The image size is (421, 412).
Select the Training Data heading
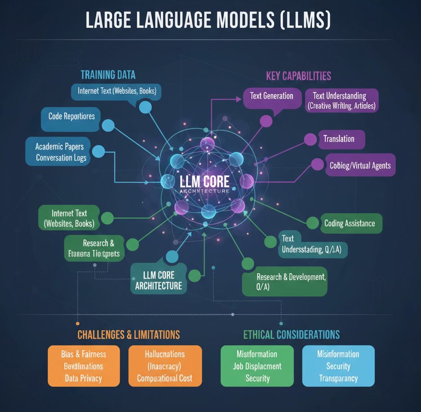point(108,75)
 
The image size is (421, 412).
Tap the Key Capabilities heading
point(298,75)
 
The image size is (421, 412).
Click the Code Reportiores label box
point(71,116)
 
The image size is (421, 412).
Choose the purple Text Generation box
point(271,96)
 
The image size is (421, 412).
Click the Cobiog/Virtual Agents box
point(359,165)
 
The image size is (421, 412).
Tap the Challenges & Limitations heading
point(129,335)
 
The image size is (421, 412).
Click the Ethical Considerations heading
point(291,335)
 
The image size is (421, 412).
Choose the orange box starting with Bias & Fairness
point(84,365)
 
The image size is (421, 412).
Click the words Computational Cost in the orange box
point(165,378)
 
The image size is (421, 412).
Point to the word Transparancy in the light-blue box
point(338,378)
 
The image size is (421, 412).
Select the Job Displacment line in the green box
point(257,366)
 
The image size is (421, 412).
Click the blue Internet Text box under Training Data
point(116,91)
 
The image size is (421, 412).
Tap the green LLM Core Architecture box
point(159,280)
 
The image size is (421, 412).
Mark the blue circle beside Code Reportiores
point(108,125)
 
